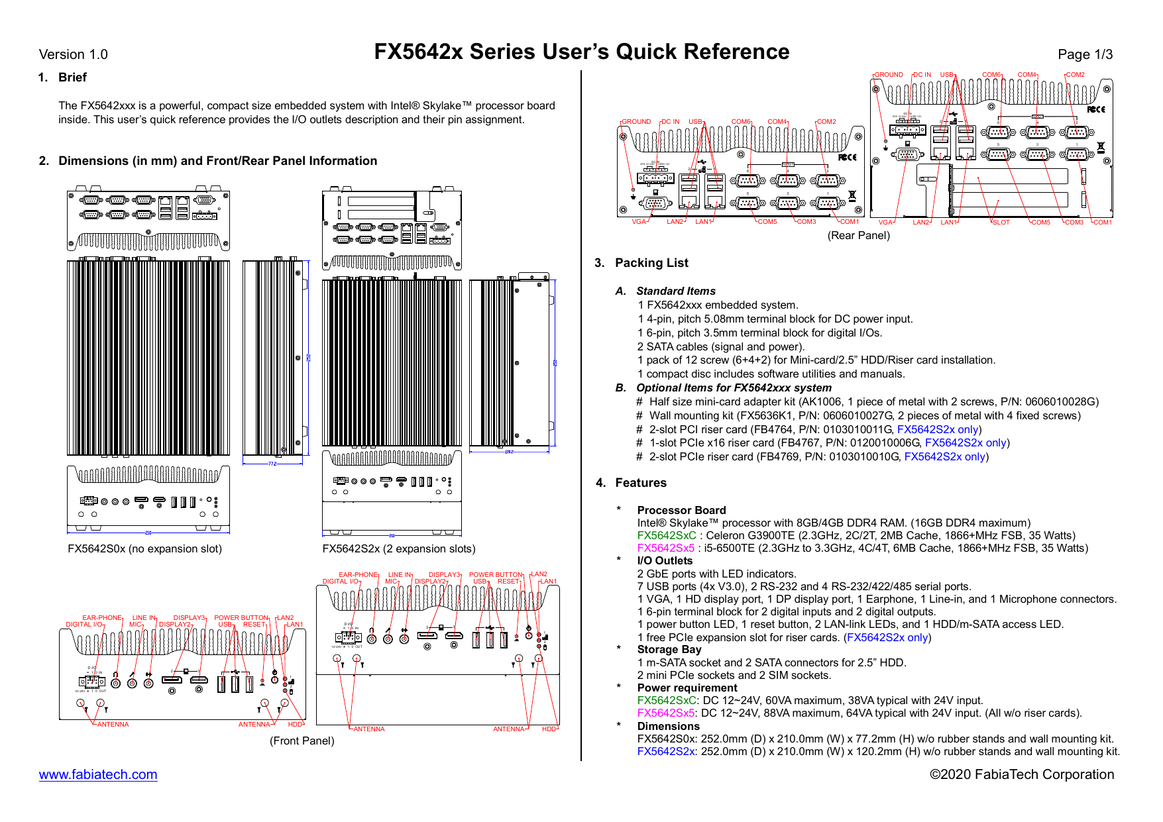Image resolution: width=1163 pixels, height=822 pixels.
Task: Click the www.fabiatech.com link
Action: [x=98, y=774]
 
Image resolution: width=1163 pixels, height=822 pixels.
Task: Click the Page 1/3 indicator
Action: [x=1085, y=54]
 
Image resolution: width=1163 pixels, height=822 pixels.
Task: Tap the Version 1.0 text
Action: [x=73, y=54]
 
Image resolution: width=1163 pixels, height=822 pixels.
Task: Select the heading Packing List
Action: [x=651, y=263]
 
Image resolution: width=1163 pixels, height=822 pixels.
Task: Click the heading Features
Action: [x=640, y=483]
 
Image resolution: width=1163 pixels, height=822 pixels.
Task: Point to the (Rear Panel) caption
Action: [x=858, y=235]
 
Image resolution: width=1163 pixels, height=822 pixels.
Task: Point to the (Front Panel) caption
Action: [x=302, y=741]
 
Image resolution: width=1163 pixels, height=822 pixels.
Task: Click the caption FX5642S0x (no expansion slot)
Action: [x=144, y=548]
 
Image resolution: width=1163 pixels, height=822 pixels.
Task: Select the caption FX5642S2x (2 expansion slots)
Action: [x=398, y=548]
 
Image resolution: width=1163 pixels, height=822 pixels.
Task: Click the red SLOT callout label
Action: [x=1001, y=223]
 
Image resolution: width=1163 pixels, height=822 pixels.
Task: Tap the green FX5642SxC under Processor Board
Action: [x=666, y=535]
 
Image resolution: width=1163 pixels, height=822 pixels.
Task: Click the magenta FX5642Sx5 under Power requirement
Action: [x=665, y=713]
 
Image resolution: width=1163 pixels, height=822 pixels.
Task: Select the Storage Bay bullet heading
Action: [x=669, y=649]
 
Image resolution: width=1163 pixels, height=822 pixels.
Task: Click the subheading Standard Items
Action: [x=675, y=291]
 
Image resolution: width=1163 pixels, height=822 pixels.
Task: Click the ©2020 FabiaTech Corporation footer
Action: [x=1021, y=774]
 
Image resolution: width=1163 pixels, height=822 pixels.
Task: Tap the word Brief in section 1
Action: [x=72, y=77]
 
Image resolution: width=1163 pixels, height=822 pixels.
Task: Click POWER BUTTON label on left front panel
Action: [x=241, y=617]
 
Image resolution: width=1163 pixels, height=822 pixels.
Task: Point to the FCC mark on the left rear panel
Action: [x=847, y=157]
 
